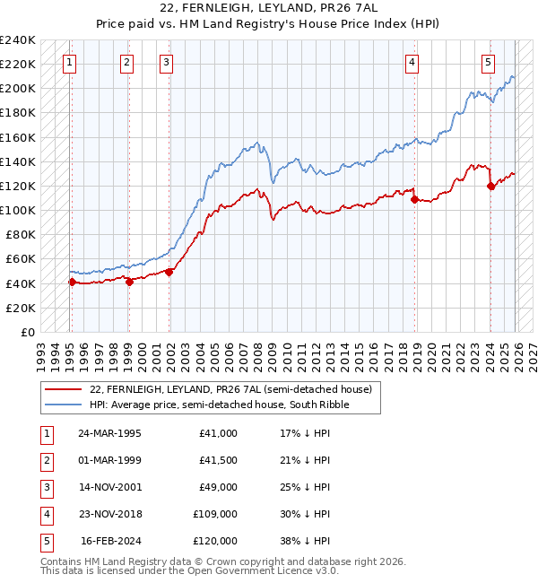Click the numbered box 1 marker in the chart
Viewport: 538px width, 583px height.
[70, 63]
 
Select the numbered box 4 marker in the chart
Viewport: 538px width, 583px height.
[412, 63]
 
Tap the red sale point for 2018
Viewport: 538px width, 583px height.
[415, 200]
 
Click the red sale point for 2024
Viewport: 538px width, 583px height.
[490, 187]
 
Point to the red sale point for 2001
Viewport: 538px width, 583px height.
[169, 273]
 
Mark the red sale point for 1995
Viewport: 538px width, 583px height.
[72, 282]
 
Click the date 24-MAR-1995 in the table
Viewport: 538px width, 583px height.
[109, 433]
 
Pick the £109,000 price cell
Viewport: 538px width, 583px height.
[215, 514]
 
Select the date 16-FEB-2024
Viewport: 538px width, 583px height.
[111, 541]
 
